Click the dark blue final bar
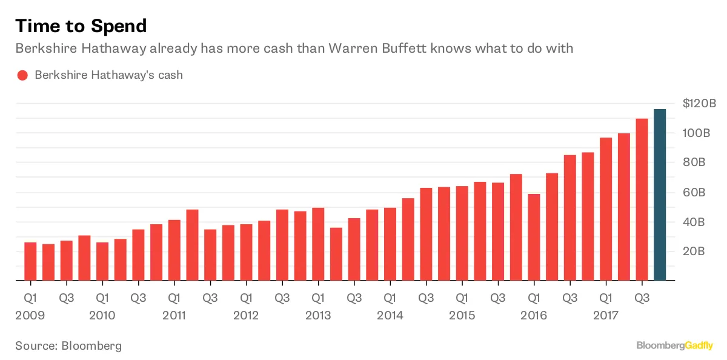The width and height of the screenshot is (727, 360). pos(660,195)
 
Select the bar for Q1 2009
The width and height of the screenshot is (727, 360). pos(30,261)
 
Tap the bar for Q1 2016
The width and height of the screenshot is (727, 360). pos(534,237)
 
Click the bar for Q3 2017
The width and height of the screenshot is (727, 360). pos(642,199)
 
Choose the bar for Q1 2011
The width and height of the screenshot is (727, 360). pos(174,250)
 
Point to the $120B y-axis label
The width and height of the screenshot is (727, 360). pos(699,104)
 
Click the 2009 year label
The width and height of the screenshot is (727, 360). pos(30,316)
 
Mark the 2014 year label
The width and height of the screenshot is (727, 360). pos(390,316)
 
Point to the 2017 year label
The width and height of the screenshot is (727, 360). pos(605,316)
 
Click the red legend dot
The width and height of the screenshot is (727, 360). pos(22,76)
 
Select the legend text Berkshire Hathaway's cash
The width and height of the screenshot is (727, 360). pos(108,76)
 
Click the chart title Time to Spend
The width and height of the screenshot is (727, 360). pos(81,26)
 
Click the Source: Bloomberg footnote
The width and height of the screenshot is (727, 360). pos(68,346)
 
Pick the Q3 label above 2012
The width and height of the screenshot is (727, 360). pos(282,298)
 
